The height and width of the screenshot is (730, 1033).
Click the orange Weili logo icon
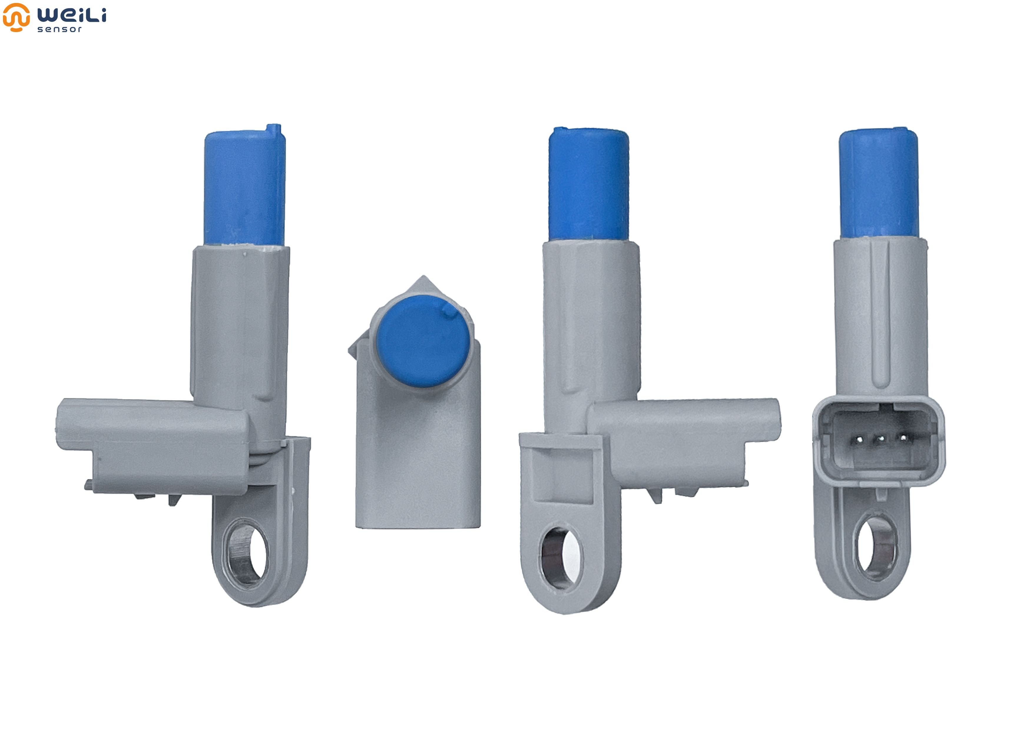click(x=16, y=17)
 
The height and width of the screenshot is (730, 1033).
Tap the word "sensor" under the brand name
click(x=59, y=29)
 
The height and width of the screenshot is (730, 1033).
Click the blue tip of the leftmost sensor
click(x=245, y=187)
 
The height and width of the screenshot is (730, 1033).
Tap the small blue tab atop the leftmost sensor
click(x=274, y=130)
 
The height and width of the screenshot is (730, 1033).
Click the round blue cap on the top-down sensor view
click(x=423, y=341)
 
